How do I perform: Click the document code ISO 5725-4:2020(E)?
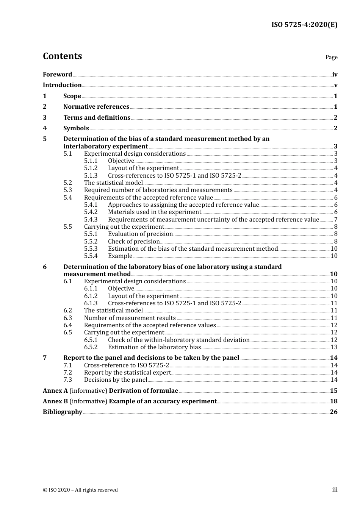(x=304, y=25)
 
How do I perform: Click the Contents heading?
(x=62, y=56)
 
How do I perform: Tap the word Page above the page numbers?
(x=331, y=57)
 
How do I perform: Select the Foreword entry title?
(x=57, y=74)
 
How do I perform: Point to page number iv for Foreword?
(x=335, y=75)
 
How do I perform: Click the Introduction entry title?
(x=62, y=85)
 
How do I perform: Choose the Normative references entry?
(x=96, y=106)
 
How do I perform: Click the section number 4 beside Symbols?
(x=45, y=128)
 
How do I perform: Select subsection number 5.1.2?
(x=91, y=168)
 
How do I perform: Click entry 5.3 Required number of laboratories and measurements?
(x=158, y=190)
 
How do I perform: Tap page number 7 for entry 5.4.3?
(x=336, y=219)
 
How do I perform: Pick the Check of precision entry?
(x=134, y=241)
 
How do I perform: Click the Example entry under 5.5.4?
(x=120, y=256)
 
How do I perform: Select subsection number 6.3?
(x=67, y=318)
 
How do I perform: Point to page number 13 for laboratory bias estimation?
(x=334, y=347)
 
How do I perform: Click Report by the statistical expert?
(x=127, y=372)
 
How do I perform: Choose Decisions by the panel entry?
(x=116, y=379)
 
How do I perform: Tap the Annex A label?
(x=52, y=390)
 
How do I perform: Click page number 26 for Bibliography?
(x=333, y=412)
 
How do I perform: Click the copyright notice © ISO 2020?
(x=80, y=490)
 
